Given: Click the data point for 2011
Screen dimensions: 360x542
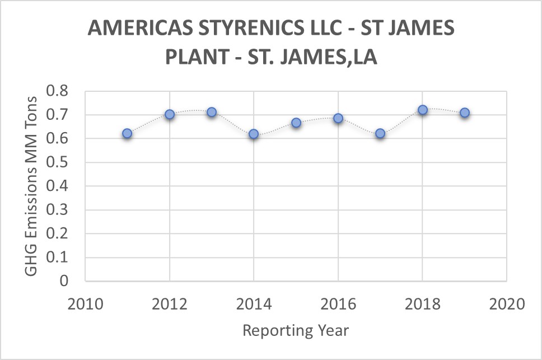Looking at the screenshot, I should click(127, 133).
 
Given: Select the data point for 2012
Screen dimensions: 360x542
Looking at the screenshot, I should click(170, 114).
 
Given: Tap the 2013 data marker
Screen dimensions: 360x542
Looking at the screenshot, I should click(212, 112).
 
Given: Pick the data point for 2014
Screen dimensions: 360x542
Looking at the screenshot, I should click(254, 134).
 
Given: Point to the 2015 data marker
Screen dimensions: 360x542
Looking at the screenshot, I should click(296, 122).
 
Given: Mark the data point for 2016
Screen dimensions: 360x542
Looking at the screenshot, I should click(338, 118).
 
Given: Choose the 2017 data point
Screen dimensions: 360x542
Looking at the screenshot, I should click(380, 133).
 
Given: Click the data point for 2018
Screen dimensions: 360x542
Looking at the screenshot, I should click(423, 110).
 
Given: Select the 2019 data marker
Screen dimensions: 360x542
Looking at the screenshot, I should click(465, 113).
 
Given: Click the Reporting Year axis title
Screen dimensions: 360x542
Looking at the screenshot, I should click(296, 330).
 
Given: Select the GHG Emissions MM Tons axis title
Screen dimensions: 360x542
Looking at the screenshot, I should click(31, 186).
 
